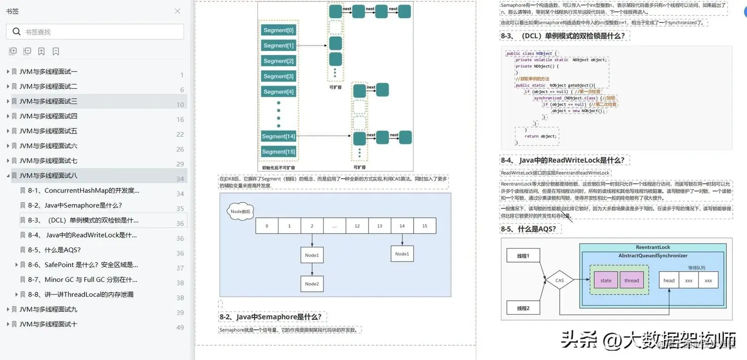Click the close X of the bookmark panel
[177, 11]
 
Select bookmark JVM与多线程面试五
[48, 131]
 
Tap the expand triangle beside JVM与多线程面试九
[8, 309]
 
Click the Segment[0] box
[278, 30]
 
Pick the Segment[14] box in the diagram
[278, 136]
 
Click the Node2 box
[312, 283]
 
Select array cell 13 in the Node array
[379, 226]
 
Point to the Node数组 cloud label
[241, 211]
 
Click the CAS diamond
[559, 280]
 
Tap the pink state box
[606, 280]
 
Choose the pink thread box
[631, 280]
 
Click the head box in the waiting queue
[669, 280]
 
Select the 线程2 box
[523, 308]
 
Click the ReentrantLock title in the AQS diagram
[653, 247]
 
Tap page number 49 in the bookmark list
[180, 327]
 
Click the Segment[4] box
[278, 91]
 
